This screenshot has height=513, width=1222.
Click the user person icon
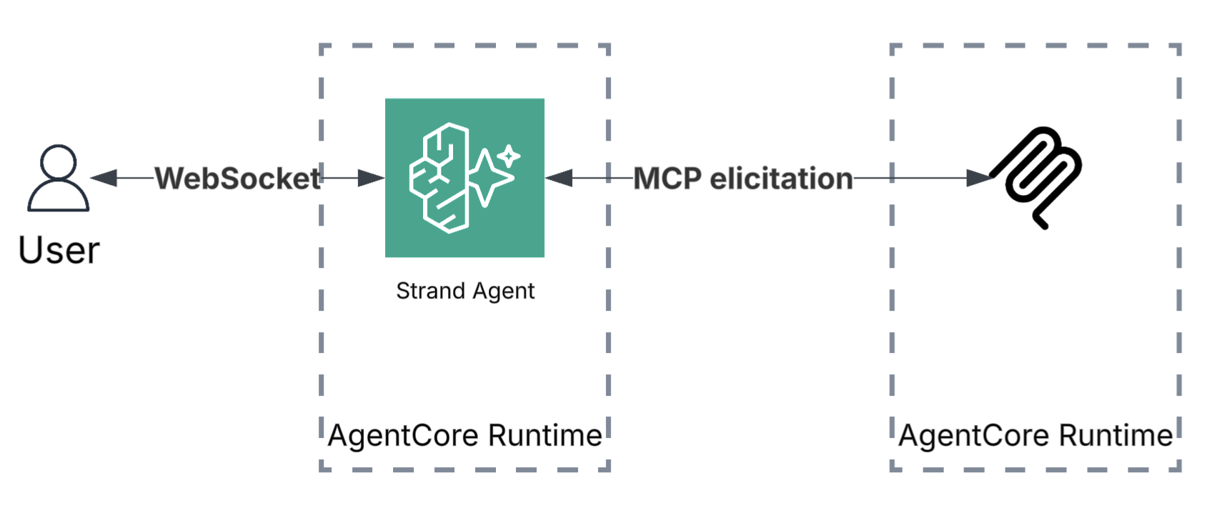(59, 179)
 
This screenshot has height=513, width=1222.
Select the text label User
(59, 250)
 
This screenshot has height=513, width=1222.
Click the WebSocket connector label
(237, 179)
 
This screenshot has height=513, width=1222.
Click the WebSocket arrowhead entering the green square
(371, 178)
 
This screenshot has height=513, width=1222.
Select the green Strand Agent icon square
(465, 178)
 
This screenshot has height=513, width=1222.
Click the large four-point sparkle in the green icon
(489, 179)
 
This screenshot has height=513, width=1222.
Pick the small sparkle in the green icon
(509, 155)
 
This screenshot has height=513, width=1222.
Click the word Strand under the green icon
(430, 291)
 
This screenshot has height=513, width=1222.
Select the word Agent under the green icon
(503, 291)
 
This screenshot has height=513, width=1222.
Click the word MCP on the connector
(667, 179)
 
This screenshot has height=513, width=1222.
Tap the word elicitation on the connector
(781, 179)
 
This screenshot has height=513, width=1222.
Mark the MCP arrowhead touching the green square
(559, 178)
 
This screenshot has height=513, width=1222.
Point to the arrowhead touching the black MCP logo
(979, 178)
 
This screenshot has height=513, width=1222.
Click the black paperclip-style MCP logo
(1038, 175)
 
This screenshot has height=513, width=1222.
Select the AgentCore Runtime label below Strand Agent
(465, 435)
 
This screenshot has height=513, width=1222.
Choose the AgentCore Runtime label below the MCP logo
(1035, 435)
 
